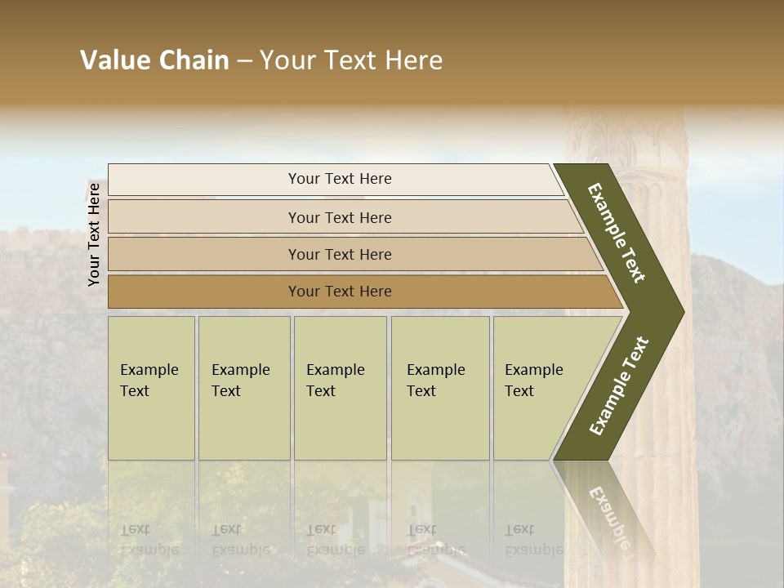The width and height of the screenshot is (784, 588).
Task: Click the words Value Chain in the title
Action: pyautogui.click(x=154, y=60)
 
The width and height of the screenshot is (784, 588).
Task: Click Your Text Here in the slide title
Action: pyautogui.click(x=351, y=60)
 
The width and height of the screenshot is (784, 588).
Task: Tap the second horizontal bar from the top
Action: pyautogui.click(x=340, y=217)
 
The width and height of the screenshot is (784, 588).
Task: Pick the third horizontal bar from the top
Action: pyautogui.click(x=340, y=254)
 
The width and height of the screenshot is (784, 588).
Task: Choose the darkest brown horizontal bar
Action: pyautogui.click(x=340, y=292)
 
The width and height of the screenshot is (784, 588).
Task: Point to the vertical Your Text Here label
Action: pyautogui.click(x=94, y=234)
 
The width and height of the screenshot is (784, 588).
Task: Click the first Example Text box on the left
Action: pyautogui.click(x=151, y=388)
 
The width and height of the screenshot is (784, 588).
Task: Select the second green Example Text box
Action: pyautogui.click(x=243, y=388)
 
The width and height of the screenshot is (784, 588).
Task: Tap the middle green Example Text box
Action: pyautogui.click(x=340, y=388)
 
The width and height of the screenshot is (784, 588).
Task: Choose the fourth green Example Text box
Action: pyautogui.click(x=439, y=388)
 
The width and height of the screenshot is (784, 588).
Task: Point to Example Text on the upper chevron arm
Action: pyautogui.click(x=617, y=233)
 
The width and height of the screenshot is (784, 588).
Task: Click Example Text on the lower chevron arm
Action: pyautogui.click(x=618, y=386)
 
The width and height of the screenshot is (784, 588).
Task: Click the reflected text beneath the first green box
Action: pyautogui.click(x=149, y=540)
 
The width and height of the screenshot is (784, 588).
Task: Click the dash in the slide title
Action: pyautogui.click(x=244, y=61)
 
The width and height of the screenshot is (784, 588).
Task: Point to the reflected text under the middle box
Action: pyautogui.click(x=334, y=540)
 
